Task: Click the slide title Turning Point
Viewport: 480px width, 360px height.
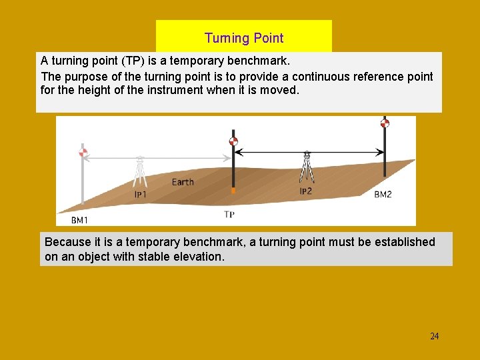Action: click(244, 38)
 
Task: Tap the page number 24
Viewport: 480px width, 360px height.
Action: click(434, 336)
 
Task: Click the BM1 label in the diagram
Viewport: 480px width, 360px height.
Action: click(79, 219)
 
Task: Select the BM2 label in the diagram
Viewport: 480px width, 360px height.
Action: click(383, 195)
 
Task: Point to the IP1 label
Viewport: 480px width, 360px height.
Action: click(140, 195)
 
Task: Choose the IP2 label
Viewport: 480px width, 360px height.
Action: click(305, 191)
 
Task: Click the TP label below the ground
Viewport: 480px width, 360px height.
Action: click(229, 215)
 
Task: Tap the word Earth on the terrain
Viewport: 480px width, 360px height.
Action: click(183, 182)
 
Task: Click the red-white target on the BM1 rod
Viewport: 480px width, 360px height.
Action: click(83, 153)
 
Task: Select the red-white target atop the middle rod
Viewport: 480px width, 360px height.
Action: click(233, 141)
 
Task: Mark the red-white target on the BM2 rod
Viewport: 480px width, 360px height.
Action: click(385, 123)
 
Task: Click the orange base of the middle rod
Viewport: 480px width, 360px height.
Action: click(233, 191)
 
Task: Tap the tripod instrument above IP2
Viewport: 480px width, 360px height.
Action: click(307, 167)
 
